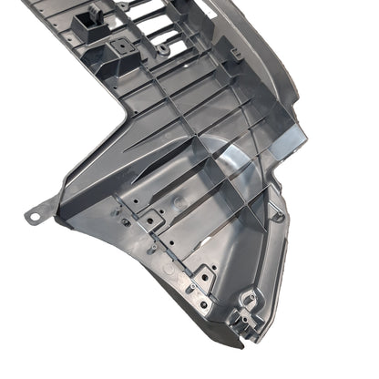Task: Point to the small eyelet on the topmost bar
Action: (x=124, y=6)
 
